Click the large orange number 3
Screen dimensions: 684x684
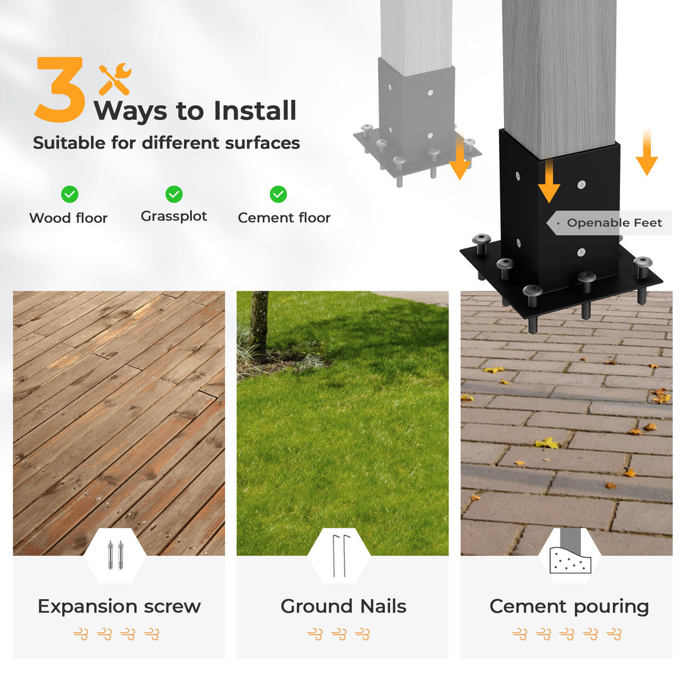click(60, 89)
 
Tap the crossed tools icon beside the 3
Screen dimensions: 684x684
click(115, 79)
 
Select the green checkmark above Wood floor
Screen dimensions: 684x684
click(70, 194)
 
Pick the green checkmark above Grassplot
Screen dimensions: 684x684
click(174, 194)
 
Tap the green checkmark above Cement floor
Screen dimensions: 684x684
click(278, 194)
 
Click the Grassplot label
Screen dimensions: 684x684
click(174, 217)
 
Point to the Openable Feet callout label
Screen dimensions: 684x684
click(614, 223)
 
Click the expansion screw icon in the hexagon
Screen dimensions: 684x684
click(115, 555)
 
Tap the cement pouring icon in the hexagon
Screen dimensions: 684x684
click(570, 551)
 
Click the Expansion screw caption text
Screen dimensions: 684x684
click(119, 607)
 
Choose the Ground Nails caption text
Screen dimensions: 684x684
click(343, 606)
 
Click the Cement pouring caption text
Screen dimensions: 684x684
click(569, 607)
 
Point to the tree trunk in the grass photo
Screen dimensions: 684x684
click(260, 324)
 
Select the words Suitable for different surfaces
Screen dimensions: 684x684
click(167, 143)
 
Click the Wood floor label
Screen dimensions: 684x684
click(68, 218)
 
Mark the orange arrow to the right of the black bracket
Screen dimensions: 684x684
click(647, 152)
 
